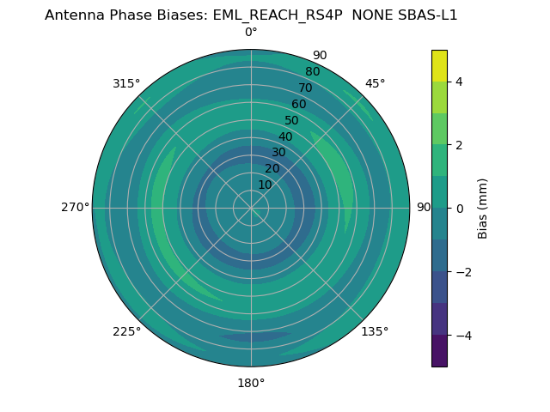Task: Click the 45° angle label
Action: (375, 83)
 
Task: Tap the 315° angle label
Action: (126, 83)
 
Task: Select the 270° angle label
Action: (75, 207)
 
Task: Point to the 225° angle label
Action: (126, 331)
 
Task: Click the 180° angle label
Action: (251, 383)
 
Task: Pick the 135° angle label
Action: (375, 331)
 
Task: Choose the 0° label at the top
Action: (251, 32)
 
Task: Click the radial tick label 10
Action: (265, 185)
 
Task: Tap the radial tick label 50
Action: (291, 121)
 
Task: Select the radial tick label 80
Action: (312, 71)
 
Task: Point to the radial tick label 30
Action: (278, 153)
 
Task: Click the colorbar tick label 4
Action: (459, 82)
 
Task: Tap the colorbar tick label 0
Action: (459, 208)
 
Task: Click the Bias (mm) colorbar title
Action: (483, 208)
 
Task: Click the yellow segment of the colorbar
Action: (439, 65)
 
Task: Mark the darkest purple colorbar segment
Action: (439, 350)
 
